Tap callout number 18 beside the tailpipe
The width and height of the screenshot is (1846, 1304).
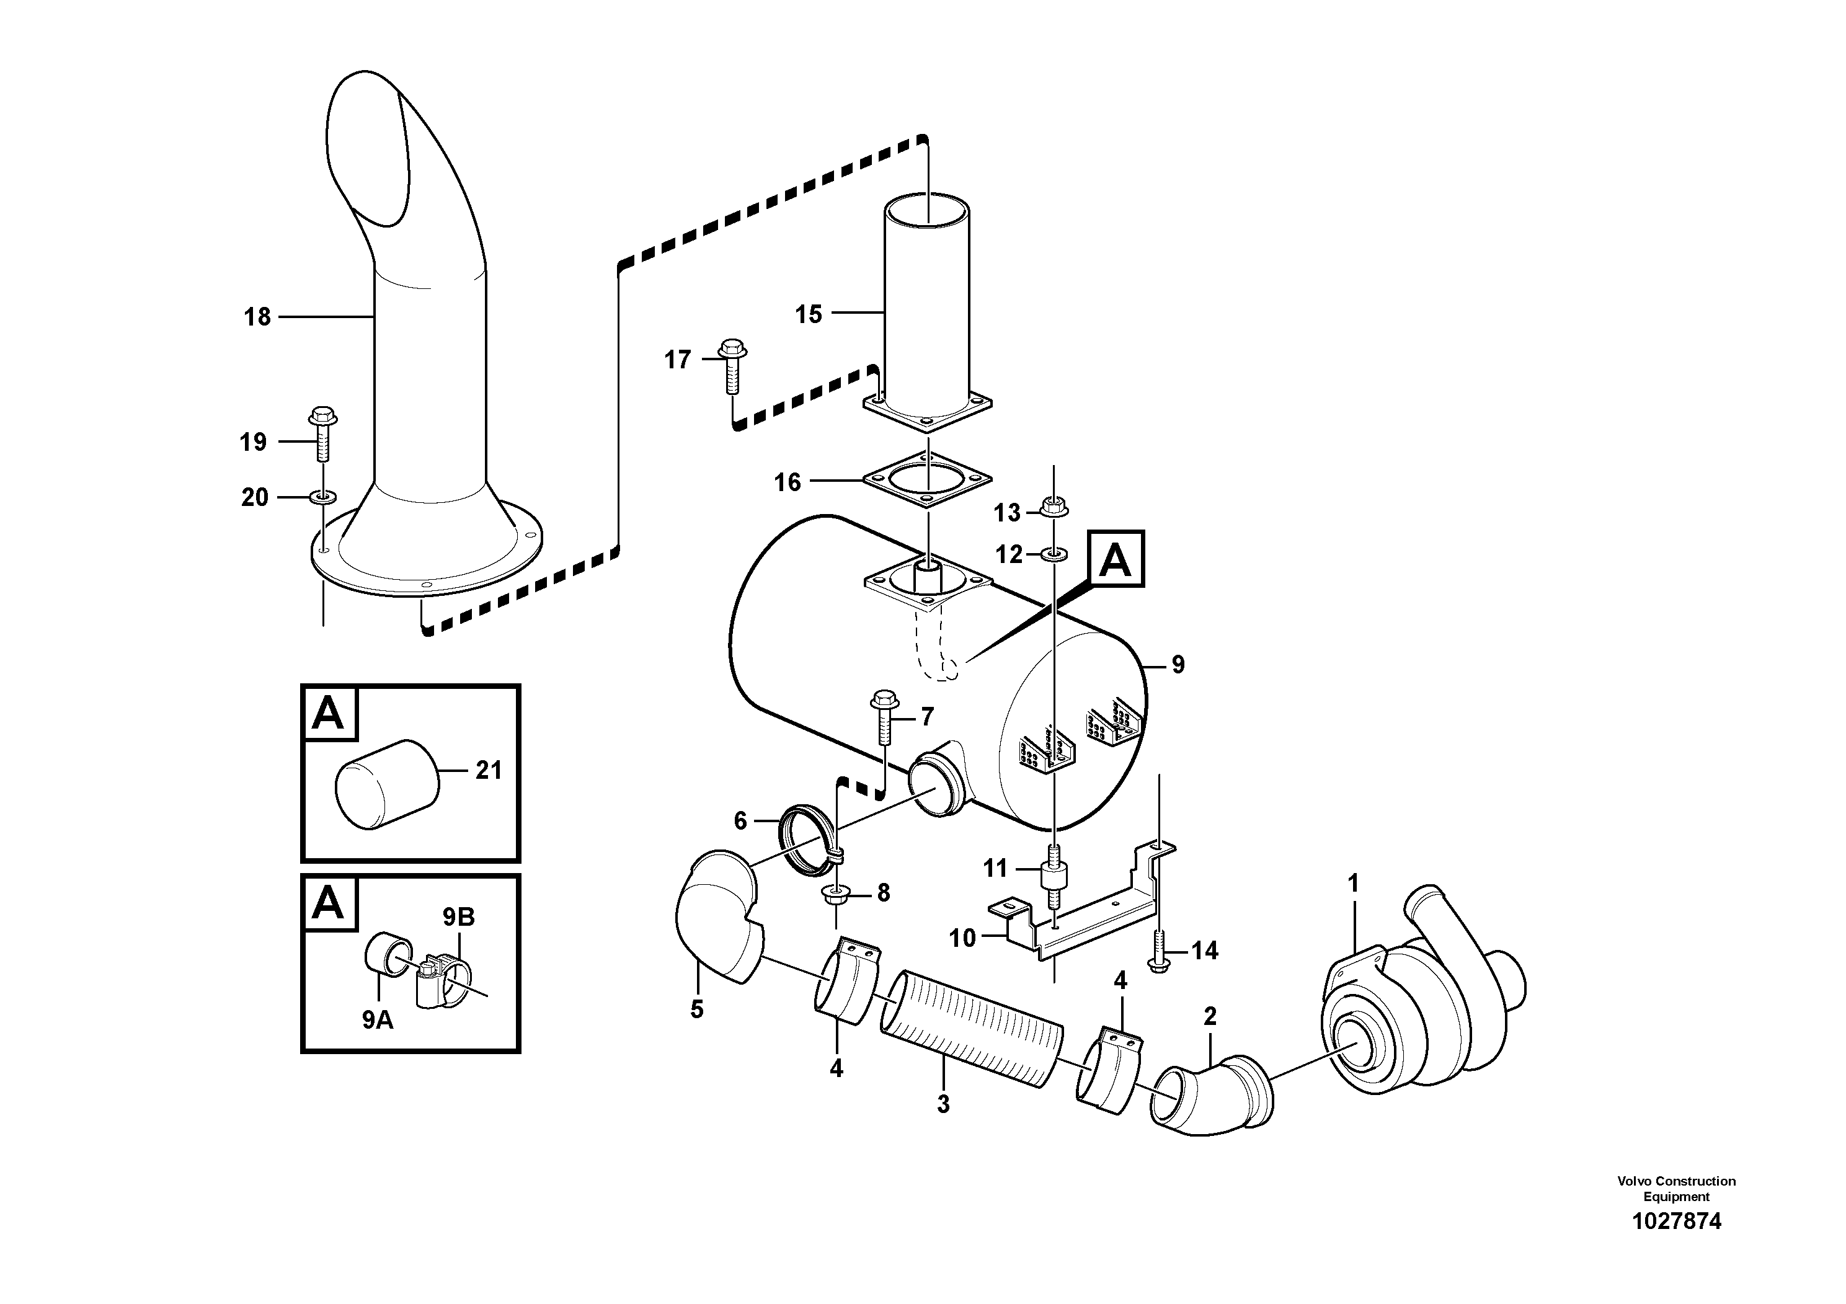pos(257,317)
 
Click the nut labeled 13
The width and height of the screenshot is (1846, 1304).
pos(1054,507)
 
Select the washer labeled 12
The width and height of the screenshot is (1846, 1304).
pos(1054,553)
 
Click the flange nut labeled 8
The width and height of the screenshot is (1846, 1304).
pos(833,895)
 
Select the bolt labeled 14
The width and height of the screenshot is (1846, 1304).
pos(1158,951)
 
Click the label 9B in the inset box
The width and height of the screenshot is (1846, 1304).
pos(458,916)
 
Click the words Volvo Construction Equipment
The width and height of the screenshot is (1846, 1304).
pos(1676,1187)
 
